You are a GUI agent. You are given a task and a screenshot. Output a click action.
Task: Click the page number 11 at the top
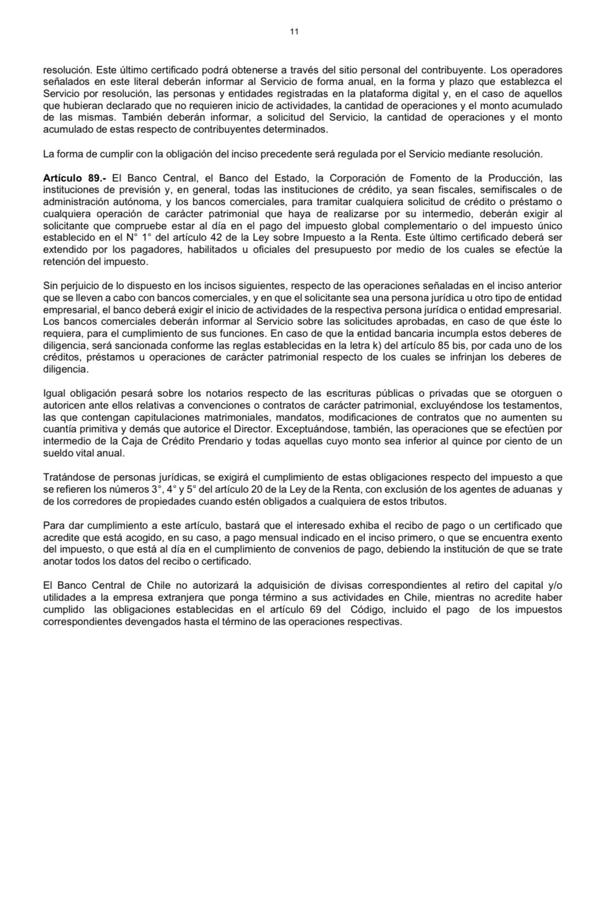[294, 32]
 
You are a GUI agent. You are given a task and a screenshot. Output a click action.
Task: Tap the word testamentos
[530, 406]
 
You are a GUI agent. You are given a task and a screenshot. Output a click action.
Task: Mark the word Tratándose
[66, 477]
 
